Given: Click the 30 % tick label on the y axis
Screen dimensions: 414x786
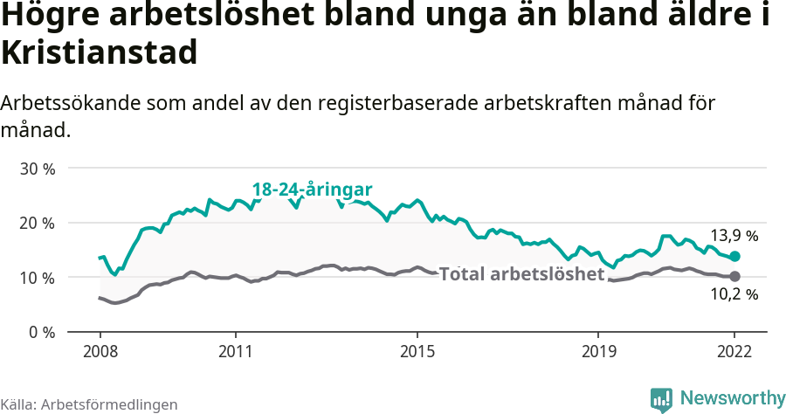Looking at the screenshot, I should [37, 169].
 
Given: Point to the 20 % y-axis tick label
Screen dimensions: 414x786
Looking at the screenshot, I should [37, 224].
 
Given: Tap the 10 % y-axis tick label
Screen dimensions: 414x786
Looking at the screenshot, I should [37, 278].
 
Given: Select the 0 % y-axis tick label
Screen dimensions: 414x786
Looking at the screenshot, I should [40, 333].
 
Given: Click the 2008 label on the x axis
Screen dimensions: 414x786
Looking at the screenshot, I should [100, 352].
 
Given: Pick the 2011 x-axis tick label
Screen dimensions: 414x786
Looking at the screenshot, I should [236, 352].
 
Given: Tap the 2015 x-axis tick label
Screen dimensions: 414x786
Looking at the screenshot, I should [417, 352].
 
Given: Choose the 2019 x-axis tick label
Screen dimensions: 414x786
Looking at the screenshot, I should [598, 352].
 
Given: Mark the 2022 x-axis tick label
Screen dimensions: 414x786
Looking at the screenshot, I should [734, 352].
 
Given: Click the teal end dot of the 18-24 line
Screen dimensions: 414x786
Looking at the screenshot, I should [734, 257].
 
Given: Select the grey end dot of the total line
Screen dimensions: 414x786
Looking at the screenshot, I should [734, 277].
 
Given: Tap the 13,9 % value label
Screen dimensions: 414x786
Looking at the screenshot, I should [734, 236].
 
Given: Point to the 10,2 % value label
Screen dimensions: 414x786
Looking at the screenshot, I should [734, 295].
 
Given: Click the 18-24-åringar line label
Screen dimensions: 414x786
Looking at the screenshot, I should [313, 190].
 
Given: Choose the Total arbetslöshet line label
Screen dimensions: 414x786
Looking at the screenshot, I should [521, 274].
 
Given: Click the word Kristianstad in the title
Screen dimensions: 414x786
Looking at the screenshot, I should [99, 52].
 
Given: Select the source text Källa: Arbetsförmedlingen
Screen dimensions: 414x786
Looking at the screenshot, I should [89, 404].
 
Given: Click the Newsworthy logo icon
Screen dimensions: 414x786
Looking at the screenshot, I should [661, 399].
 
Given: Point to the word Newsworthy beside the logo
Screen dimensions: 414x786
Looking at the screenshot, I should [733, 398].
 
